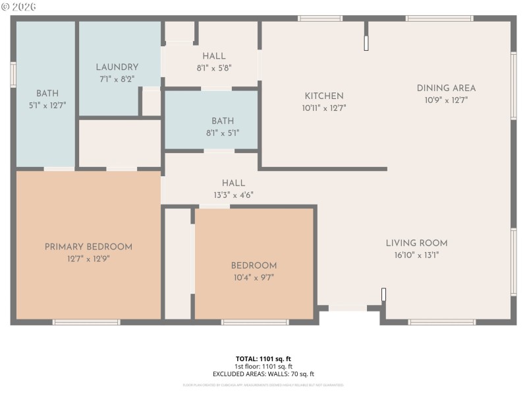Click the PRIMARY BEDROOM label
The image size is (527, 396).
[x=88, y=247]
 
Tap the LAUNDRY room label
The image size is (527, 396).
[x=117, y=67]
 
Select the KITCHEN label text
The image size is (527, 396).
[x=323, y=96]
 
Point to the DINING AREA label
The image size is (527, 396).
[x=446, y=88]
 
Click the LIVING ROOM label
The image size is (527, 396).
[x=416, y=243]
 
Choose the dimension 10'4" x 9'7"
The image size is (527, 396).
[x=254, y=278]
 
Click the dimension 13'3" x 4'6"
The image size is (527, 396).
[x=233, y=195]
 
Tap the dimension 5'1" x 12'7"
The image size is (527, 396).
[x=47, y=105]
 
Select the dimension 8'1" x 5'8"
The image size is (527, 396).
[x=213, y=67]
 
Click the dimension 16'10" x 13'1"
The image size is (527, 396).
[x=416, y=255]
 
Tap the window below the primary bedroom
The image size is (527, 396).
[x=86, y=322]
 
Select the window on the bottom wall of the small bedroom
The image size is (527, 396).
[x=254, y=322]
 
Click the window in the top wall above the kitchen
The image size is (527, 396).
[x=320, y=18]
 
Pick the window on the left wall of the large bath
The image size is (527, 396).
[x=13, y=75]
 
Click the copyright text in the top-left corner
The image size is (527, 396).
[x=18, y=7]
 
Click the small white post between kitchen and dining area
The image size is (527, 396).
[x=366, y=43]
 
